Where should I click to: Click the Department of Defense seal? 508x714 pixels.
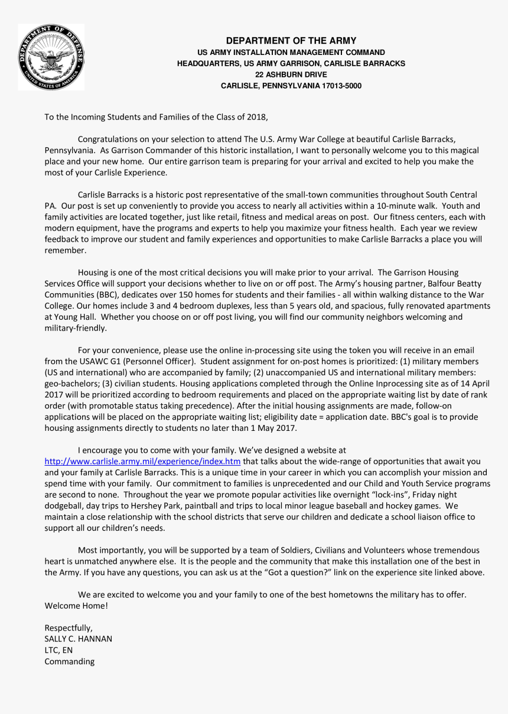coord(51,57)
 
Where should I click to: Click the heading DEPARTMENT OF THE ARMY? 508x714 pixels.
coord(291,41)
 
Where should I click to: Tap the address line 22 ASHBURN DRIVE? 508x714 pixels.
coord(291,74)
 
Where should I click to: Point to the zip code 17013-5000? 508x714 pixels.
coord(341,86)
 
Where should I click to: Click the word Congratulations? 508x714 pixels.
coord(110,139)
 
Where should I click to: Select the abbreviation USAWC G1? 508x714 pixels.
coord(85,361)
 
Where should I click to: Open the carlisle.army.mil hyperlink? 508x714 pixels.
coord(142,462)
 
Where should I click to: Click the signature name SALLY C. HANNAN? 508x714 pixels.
coord(78,639)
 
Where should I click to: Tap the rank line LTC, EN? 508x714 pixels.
coord(59,650)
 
